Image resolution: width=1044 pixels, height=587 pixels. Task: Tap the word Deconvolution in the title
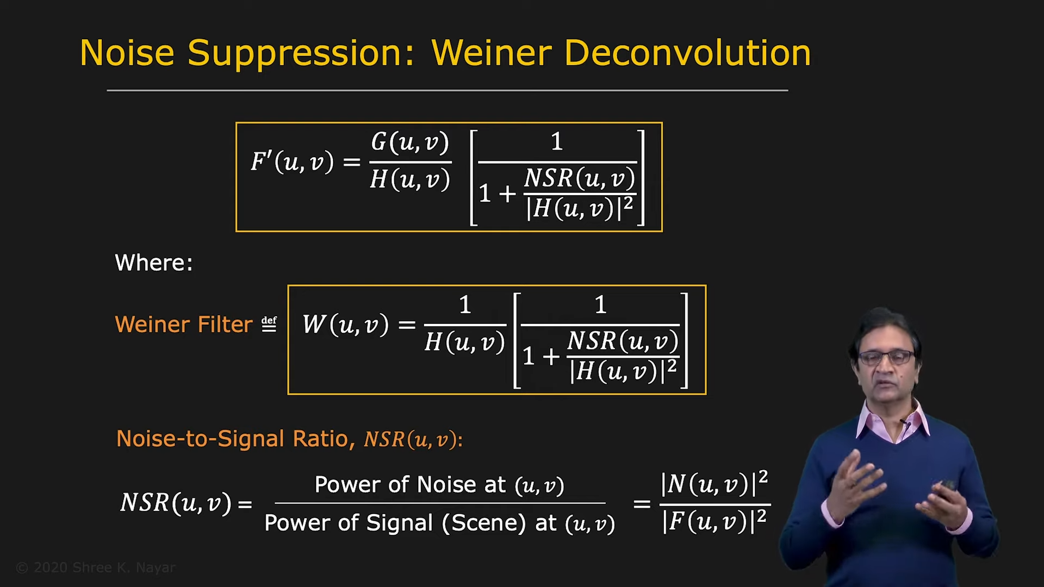687,53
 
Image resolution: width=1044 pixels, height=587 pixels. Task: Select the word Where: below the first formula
154,263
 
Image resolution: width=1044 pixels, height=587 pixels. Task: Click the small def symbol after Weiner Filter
269,324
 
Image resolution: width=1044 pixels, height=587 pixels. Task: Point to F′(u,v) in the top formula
292,161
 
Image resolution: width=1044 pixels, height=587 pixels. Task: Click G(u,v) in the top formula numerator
410,142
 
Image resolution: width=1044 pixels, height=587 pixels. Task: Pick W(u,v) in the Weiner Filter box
346,324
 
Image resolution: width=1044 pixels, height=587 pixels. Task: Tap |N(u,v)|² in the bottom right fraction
714,483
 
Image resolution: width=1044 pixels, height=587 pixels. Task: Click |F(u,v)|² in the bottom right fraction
714,521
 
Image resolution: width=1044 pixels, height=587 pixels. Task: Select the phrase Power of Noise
385,485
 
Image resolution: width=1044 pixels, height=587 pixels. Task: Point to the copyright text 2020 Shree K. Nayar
96,568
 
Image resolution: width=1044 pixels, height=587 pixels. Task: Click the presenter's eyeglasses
886,357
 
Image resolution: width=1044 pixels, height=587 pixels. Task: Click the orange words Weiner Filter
184,324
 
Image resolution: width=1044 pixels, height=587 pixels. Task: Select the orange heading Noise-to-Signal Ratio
233,439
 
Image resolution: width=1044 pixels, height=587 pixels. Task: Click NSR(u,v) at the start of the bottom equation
176,503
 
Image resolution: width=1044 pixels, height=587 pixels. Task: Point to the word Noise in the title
127,53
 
